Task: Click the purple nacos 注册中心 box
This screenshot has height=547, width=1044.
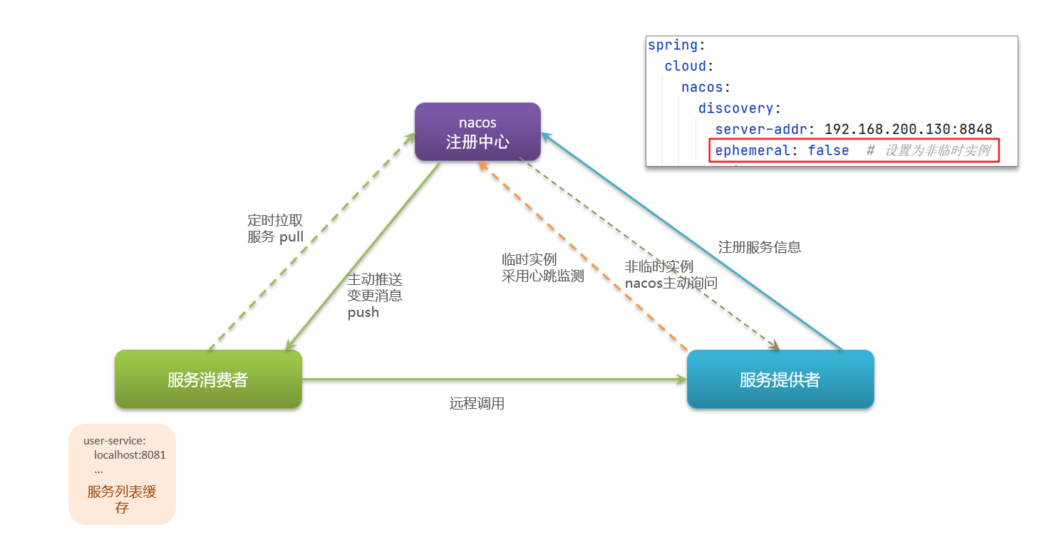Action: tap(477, 132)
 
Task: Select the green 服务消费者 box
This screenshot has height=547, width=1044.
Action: tap(208, 380)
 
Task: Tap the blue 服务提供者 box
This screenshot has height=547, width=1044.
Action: tap(780, 380)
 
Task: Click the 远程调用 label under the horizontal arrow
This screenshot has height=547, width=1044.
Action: tap(477, 404)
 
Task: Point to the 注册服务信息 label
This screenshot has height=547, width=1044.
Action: tap(759, 247)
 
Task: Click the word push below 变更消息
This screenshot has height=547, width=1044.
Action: tap(363, 313)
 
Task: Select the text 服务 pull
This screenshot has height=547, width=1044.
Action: tap(275, 237)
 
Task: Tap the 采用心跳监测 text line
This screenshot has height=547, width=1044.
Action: tap(542, 276)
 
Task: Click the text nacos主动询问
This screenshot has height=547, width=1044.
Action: tap(671, 283)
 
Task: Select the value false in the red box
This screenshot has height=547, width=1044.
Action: tap(828, 151)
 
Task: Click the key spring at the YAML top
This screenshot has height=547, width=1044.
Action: tap(673, 46)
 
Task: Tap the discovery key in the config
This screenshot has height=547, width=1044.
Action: tap(736, 108)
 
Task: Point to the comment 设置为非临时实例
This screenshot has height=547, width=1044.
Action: tap(937, 151)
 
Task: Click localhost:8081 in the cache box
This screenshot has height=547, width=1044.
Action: tap(130, 455)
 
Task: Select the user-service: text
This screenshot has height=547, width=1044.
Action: tap(114, 441)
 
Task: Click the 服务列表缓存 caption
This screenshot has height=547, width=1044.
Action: tap(122, 499)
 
